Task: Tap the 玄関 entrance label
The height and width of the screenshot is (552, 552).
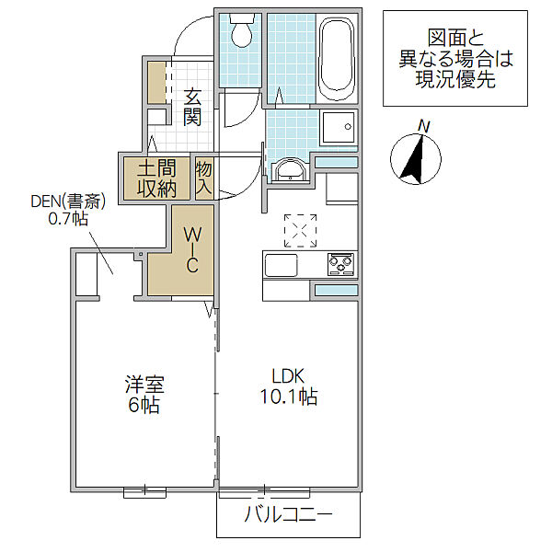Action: coord(192,108)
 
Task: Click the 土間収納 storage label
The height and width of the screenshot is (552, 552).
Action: coord(156,178)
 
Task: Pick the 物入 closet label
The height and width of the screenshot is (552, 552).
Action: coord(204,178)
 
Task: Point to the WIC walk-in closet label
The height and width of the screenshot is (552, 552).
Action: coord(192,250)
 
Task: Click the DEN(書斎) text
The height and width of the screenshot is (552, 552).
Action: coord(68,201)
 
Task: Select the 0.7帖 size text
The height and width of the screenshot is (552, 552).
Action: coord(68,219)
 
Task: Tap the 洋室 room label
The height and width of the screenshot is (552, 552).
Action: coord(144,384)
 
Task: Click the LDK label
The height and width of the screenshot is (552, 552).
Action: coord(288,376)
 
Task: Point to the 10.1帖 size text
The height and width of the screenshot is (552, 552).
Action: coord(288,397)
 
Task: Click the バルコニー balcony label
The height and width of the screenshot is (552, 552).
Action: coord(289,514)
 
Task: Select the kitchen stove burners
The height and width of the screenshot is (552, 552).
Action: coord(340,264)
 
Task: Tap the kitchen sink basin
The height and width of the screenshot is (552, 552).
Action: coord(281,265)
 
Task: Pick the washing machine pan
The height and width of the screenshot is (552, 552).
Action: coord(339,128)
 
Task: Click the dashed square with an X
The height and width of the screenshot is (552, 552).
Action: coord(300,231)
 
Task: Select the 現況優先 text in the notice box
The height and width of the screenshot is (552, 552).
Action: coord(455,79)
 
